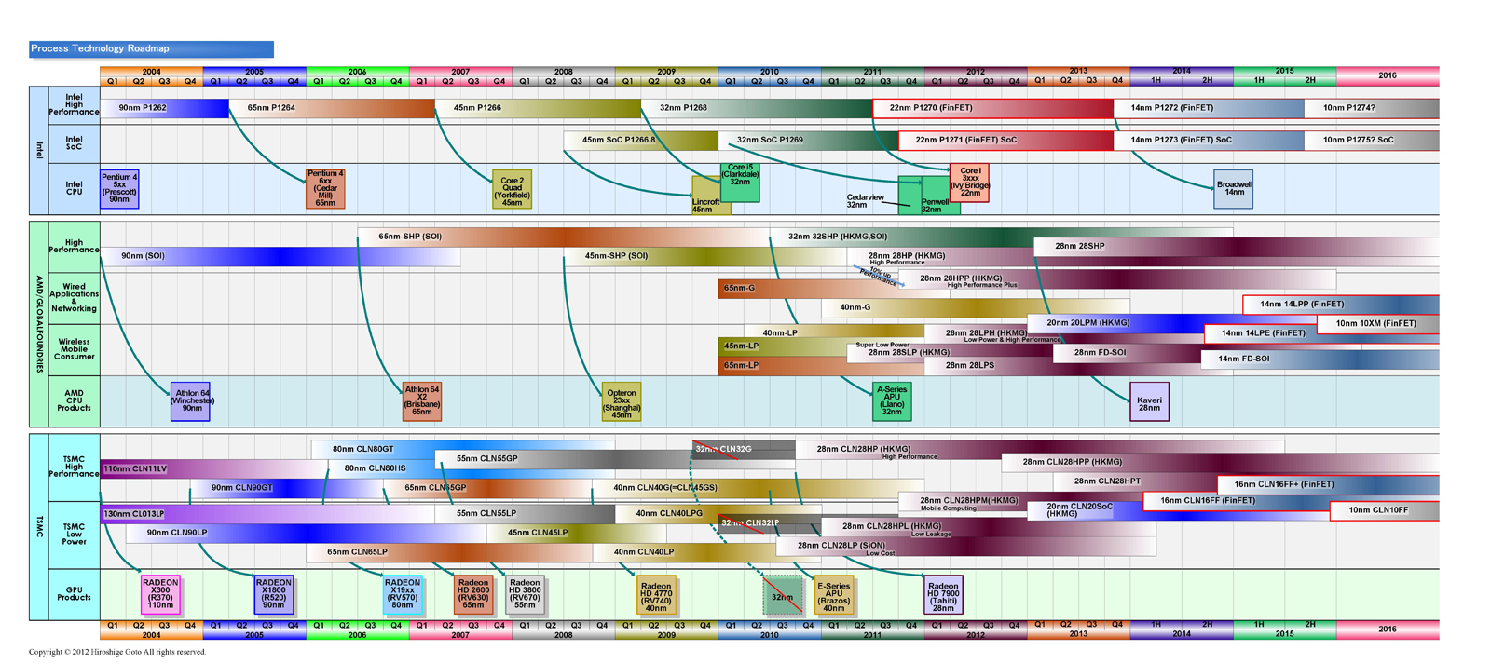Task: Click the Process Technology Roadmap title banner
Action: [151, 48]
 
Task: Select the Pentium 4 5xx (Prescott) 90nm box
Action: [119, 188]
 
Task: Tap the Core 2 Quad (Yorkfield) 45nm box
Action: [512, 191]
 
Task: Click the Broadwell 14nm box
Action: [1234, 188]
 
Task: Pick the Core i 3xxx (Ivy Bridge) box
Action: [969, 182]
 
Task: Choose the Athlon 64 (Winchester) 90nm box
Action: [191, 400]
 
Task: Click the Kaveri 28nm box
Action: [1149, 401]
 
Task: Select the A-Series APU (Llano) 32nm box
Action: [892, 400]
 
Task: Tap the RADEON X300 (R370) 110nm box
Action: [160, 593]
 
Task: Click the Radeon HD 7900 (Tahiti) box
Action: [943, 593]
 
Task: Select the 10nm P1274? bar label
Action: [1348, 108]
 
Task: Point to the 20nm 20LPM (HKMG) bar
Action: [1087, 323]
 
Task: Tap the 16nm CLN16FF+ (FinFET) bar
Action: [1284, 484]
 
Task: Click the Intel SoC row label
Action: [74, 143]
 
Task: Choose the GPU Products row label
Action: [74, 593]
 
